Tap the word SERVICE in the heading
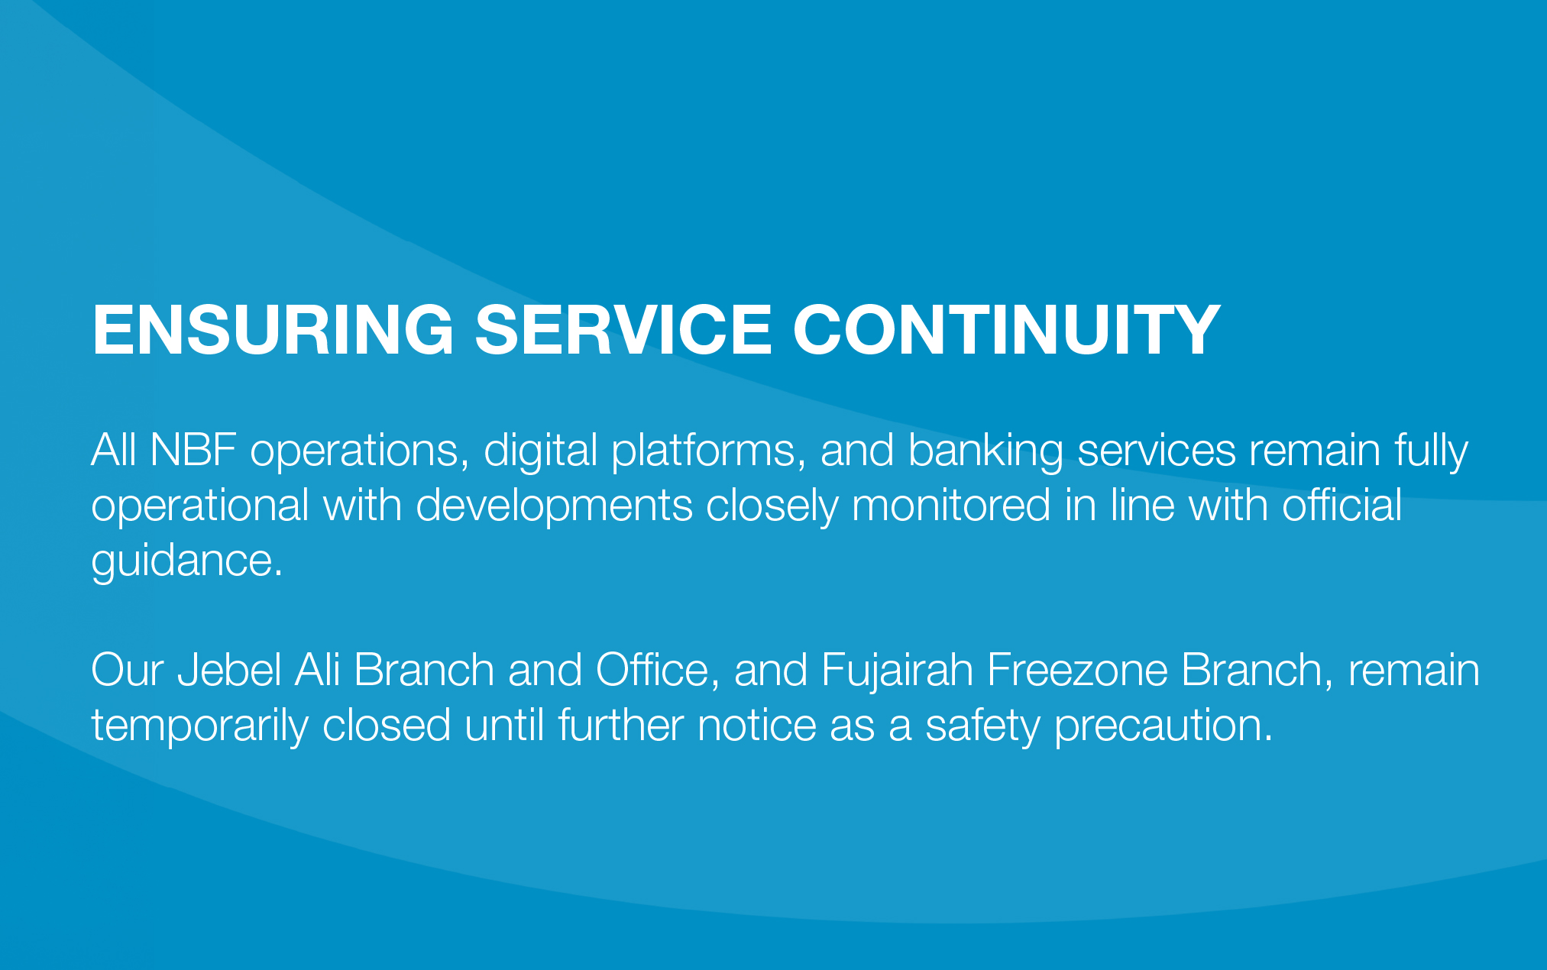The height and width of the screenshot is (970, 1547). point(623,329)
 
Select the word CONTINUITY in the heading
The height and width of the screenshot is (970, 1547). point(1006,329)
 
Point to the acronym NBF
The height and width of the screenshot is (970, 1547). point(193,450)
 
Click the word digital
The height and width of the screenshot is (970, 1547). point(540,451)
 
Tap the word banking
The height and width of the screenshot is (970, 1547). point(985,451)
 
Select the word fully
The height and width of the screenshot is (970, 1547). point(1431,451)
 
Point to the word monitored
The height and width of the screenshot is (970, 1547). point(951,506)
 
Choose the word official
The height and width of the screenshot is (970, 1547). point(1341,506)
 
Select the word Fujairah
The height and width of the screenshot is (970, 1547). point(897,671)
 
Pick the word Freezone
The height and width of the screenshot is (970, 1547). point(1077,670)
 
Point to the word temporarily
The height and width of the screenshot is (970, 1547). point(200,726)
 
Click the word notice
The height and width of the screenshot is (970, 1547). point(757,725)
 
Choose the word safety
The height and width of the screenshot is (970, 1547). point(982,726)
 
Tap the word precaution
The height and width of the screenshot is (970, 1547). point(1163,726)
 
